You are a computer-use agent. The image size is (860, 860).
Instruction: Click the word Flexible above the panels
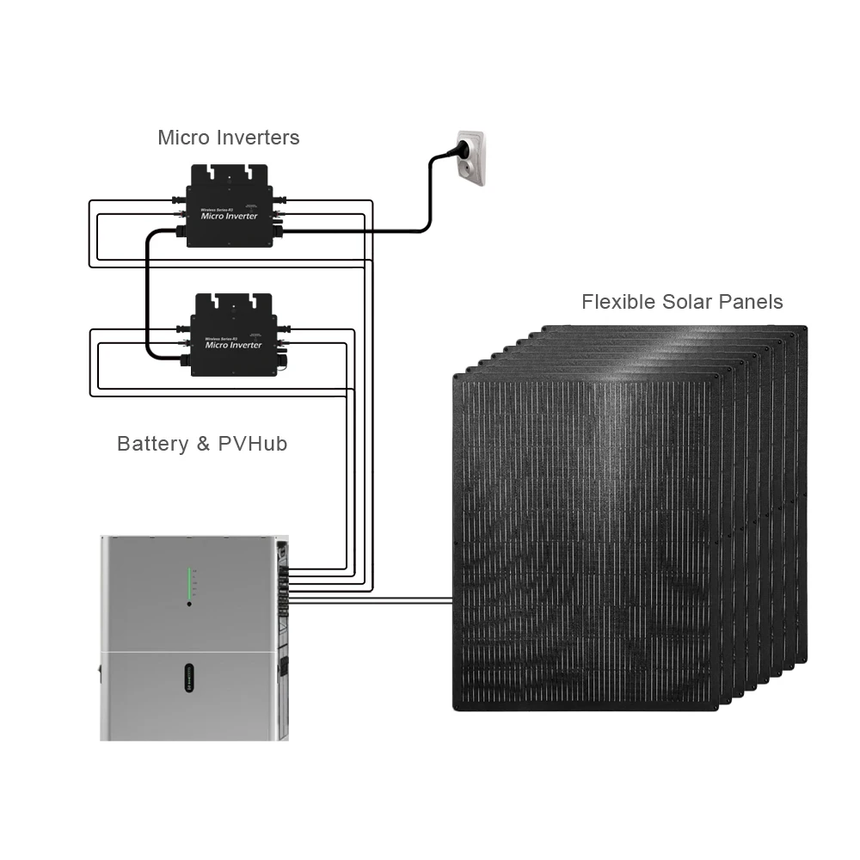(618, 302)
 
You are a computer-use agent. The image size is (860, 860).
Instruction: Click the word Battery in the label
(152, 444)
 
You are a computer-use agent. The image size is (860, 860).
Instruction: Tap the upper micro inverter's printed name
(229, 215)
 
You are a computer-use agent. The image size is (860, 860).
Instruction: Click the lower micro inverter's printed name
(233, 345)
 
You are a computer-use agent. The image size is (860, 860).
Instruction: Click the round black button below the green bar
(189, 604)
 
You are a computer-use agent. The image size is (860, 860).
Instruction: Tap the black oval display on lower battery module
(189, 676)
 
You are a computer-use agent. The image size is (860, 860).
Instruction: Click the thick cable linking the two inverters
(147, 292)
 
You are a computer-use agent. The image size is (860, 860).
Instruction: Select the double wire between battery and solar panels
(370, 599)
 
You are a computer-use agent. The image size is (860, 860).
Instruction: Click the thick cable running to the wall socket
(378, 230)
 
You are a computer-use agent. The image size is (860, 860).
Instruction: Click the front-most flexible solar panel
(585, 542)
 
